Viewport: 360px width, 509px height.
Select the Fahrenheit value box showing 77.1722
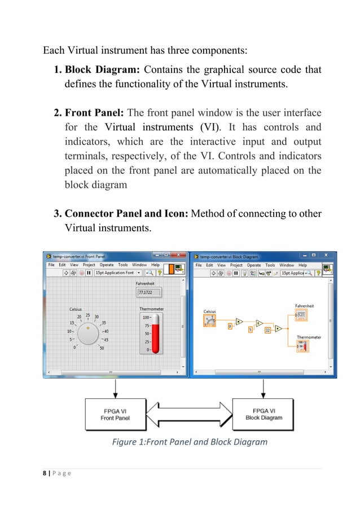pos(149,292)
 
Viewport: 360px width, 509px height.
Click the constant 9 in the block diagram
pos(230,326)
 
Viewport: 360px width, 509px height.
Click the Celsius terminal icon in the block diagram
pos(210,320)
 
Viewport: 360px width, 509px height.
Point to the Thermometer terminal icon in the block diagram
pos(304,345)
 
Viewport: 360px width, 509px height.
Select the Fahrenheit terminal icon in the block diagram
pos(302,314)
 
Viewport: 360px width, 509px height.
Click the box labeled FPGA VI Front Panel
pos(115,414)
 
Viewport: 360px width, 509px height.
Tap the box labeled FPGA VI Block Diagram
pos(264,414)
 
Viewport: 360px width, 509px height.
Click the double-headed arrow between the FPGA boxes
pos(189,414)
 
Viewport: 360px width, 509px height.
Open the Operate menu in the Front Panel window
pos(107,265)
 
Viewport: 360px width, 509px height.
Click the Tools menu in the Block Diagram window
pos(270,265)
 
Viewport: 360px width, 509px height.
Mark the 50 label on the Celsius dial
pos(102,348)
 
